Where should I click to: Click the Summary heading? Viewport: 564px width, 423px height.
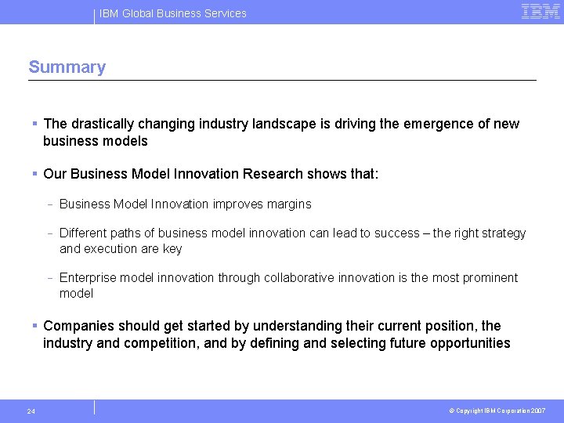(67, 67)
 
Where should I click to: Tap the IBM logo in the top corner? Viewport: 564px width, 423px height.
(540, 12)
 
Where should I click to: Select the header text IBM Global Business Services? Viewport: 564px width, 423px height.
(173, 13)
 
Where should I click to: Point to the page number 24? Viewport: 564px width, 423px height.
(31, 411)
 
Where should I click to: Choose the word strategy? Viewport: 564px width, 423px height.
(502, 233)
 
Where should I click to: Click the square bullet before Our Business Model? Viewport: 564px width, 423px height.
(35, 174)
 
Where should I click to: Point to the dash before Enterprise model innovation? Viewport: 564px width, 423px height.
(49, 278)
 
